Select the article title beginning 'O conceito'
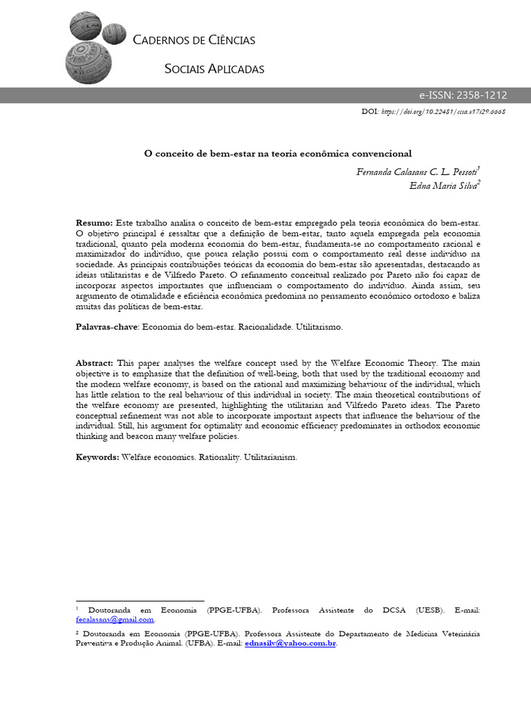click(277, 153)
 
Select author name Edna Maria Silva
click(440, 185)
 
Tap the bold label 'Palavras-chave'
click(106, 326)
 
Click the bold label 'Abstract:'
click(95, 363)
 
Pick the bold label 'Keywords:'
click(97, 458)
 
